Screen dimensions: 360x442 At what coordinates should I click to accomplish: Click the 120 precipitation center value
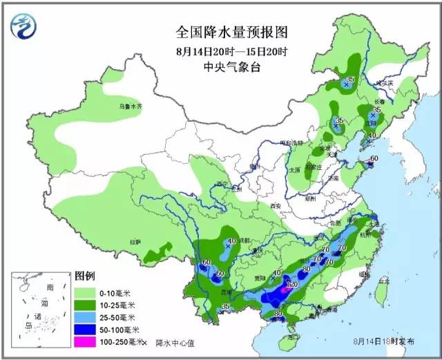pyautogui.click(x=292, y=284)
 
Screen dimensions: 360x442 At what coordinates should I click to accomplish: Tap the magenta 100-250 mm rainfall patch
pyautogui.click(x=284, y=290)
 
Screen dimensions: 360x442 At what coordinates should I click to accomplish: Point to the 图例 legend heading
pyautogui.click(x=84, y=278)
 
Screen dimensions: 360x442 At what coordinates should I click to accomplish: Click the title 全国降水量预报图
pyautogui.click(x=222, y=32)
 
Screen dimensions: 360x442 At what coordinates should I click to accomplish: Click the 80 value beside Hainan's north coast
pyautogui.click(x=278, y=315)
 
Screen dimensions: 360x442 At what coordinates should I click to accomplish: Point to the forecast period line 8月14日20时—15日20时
pyautogui.click(x=222, y=51)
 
